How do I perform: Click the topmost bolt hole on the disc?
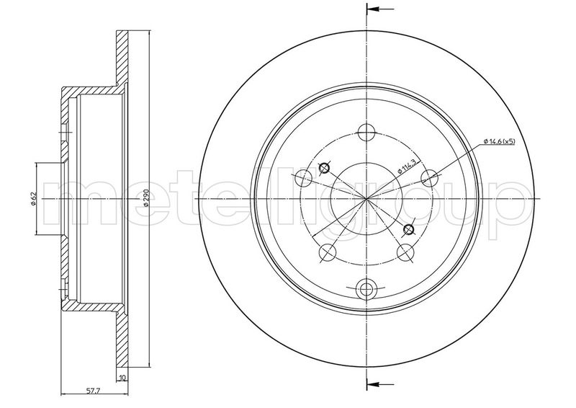[x=367, y=133]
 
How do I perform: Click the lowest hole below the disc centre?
[x=367, y=289]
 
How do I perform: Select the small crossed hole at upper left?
[x=323, y=169]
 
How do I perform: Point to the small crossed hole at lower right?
[x=410, y=230]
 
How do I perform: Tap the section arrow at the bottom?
[x=380, y=381]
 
